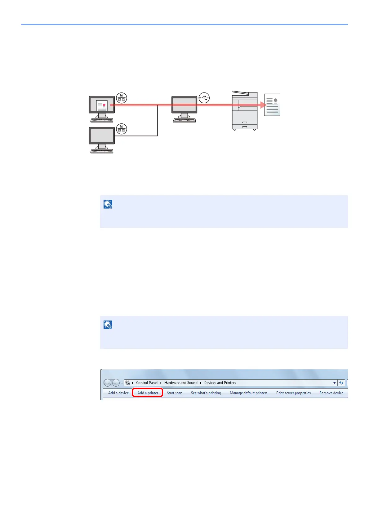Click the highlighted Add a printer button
tap(148, 393)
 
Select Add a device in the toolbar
tap(118, 393)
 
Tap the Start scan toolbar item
tap(175, 393)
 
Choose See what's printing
tap(206, 393)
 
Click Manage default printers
tap(248, 393)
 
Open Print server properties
tap(293, 393)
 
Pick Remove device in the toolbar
tap(331, 393)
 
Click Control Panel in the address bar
tap(147, 383)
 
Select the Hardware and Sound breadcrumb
tap(181, 383)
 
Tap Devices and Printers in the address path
tap(220, 383)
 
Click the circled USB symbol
tap(204, 98)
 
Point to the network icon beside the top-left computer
tap(122, 98)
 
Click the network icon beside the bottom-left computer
tap(122, 129)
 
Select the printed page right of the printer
tap(272, 105)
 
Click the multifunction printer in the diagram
tap(245, 111)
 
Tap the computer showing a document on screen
tap(102, 109)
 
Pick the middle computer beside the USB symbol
tap(184, 109)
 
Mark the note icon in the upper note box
tap(108, 204)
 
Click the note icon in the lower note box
tap(108, 325)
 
